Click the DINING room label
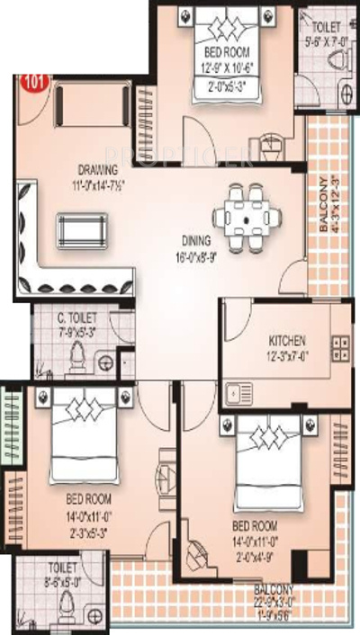tap(194, 240)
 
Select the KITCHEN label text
tap(287, 342)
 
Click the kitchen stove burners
tap(341, 349)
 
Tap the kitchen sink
tap(238, 393)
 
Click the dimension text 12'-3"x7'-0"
tap(287, 356)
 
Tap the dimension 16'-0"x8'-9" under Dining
tap(194, 255)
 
